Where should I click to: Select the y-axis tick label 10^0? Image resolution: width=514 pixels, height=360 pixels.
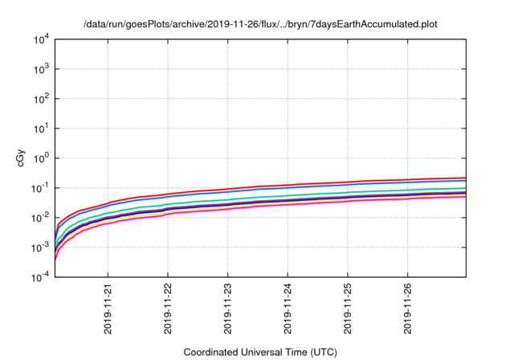coord(42,158)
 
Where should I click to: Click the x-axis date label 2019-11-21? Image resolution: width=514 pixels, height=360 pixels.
coord(108,309)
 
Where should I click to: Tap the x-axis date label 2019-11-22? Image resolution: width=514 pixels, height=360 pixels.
coord(168,309)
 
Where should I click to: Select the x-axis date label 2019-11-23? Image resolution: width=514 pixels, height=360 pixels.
coord(228,309)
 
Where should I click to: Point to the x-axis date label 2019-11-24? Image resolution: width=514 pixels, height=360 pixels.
coord(288,309)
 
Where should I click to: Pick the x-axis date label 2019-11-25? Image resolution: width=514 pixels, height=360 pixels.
coord(348,309)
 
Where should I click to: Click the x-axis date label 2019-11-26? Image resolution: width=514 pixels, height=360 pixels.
coord(407,309)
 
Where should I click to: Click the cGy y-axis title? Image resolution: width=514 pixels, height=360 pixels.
coord(21,158)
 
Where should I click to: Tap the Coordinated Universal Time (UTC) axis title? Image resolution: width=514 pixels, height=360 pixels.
coord(260,352)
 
